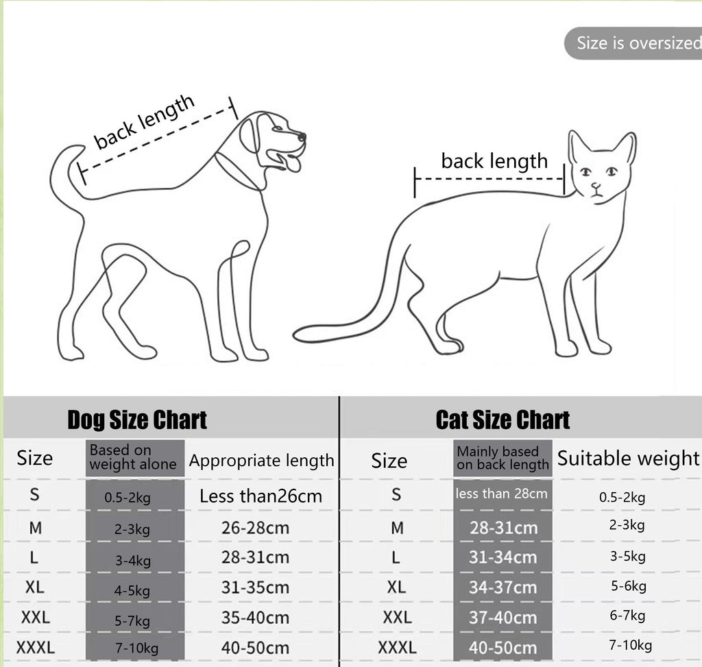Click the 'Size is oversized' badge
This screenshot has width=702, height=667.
tap(634, 43)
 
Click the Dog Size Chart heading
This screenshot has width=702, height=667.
tap(137, 420)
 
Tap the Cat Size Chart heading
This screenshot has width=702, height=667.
tap(503, 420)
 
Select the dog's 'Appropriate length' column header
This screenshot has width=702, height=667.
tap(261, 461)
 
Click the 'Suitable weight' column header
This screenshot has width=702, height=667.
tap(628, 459)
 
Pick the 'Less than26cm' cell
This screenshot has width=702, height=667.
tap(261, 496)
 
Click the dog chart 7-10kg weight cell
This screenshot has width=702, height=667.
tap(136, 648)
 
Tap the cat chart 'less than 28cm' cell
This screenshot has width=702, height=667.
tap(502, 494)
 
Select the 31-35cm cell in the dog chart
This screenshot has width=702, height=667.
tap(255, 587)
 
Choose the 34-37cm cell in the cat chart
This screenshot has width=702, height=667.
tap(503, 587)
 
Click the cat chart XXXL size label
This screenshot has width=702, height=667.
tap(397, 647)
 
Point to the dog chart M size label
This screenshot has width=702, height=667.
tap(36, 528)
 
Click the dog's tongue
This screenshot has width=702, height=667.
tap(293, 165)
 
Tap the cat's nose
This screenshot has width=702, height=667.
tap(596, 185)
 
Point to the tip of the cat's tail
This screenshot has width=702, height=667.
tap(299, 335)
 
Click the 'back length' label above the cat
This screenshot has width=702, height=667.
tap(494, 162)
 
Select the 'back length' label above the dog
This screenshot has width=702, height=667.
tap(145, 122)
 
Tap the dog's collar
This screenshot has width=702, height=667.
tap(237, 171)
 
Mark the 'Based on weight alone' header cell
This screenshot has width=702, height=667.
tap(133, 458)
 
